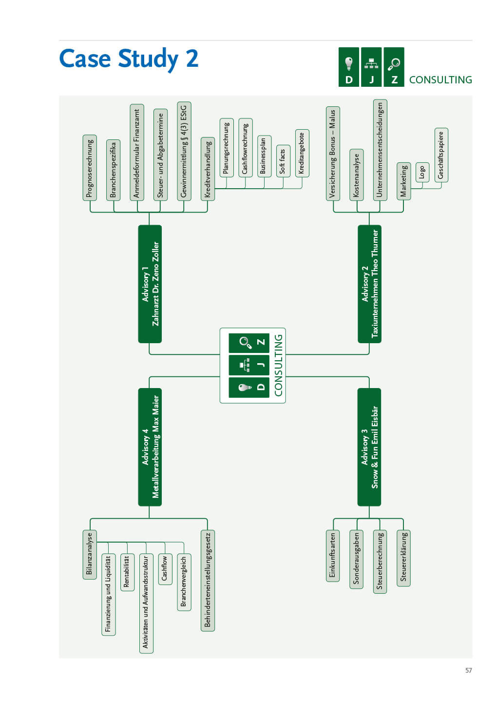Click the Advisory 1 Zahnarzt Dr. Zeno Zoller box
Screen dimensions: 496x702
[150, 284]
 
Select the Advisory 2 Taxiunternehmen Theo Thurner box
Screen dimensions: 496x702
[369, 284]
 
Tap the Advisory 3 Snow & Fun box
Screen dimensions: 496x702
[369, 447]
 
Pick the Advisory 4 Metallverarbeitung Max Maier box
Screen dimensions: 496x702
[150, 447]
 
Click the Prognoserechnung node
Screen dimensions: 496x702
[90, 168]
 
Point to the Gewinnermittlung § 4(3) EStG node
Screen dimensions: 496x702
[184, 151]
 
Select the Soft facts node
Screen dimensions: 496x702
[283, 161]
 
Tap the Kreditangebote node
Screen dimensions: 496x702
[302, 153]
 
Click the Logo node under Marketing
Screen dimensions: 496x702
[422, 172]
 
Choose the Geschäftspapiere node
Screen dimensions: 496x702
[441, 155]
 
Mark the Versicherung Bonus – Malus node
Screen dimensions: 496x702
[333, 154]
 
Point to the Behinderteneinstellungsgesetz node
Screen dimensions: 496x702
[207, 581]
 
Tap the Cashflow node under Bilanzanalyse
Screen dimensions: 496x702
[165, 569]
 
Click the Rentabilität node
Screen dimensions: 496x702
[127, 572]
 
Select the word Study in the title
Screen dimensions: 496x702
[148, 59]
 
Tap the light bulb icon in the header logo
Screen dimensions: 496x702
[348, 63]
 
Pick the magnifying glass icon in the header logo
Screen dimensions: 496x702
[394, 64]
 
